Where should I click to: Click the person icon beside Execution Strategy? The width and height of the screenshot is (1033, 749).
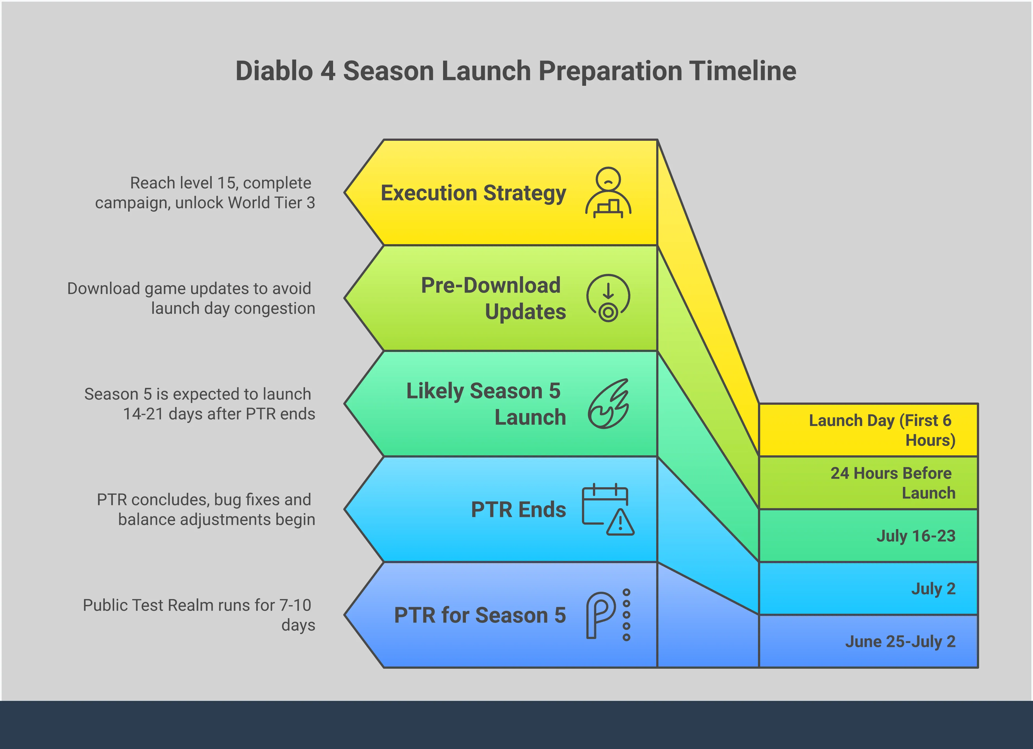tap(608, 192)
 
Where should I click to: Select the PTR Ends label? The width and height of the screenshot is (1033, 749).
tap(518, 510)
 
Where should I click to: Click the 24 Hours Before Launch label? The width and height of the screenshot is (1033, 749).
tap(893, 483)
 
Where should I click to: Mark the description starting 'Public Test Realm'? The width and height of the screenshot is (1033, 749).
tap(199, 615)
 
